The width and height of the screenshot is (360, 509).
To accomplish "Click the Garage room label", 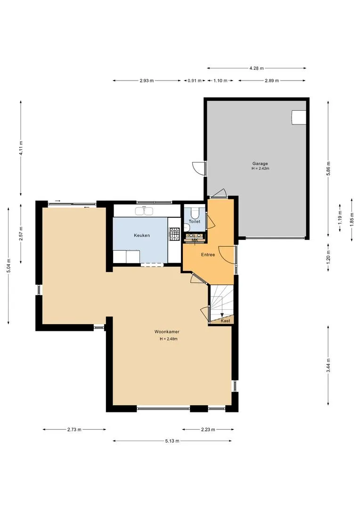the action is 260,164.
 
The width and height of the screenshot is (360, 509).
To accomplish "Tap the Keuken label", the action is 142,235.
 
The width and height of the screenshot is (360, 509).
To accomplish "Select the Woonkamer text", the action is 167,332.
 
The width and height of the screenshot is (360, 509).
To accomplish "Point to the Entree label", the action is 208,255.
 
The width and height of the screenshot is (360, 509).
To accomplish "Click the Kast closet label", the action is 225,321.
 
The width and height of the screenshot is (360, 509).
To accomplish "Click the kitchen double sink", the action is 145,211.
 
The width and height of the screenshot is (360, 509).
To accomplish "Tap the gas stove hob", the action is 174,234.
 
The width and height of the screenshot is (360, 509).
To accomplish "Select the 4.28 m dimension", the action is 256,68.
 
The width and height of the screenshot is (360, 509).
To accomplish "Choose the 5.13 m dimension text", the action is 172,441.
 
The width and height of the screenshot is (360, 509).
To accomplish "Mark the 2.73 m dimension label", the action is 74,429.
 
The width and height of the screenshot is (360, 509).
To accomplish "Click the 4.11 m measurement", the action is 21,148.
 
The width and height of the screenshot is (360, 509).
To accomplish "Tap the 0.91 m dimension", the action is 195,81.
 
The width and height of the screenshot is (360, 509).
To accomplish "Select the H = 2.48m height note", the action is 169,339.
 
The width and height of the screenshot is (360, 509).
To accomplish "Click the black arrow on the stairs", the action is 222,314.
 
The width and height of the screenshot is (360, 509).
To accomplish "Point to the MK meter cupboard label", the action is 195,240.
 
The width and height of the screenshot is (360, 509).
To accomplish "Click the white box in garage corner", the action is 299,117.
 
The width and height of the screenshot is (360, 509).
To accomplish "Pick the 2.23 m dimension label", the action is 208,429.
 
